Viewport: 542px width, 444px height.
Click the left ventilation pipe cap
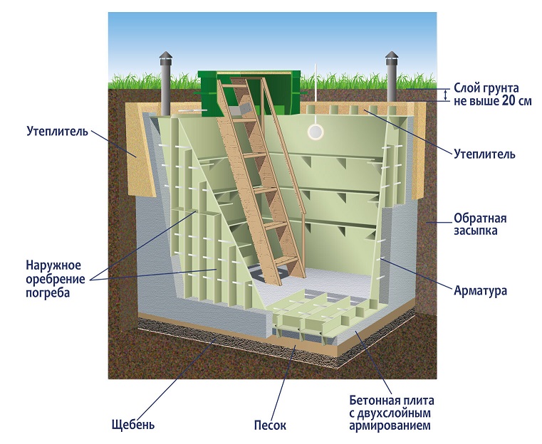click(x=165, y=58)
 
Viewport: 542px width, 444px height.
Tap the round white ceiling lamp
click(x=314, y=132)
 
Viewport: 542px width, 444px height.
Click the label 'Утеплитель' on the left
click(x=57, y=132)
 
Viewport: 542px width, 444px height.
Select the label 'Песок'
click(x=270, y=425)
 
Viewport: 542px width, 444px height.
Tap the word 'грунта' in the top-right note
click(x=504, y=88)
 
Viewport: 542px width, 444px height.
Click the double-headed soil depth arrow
click(x=446, y=94)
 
